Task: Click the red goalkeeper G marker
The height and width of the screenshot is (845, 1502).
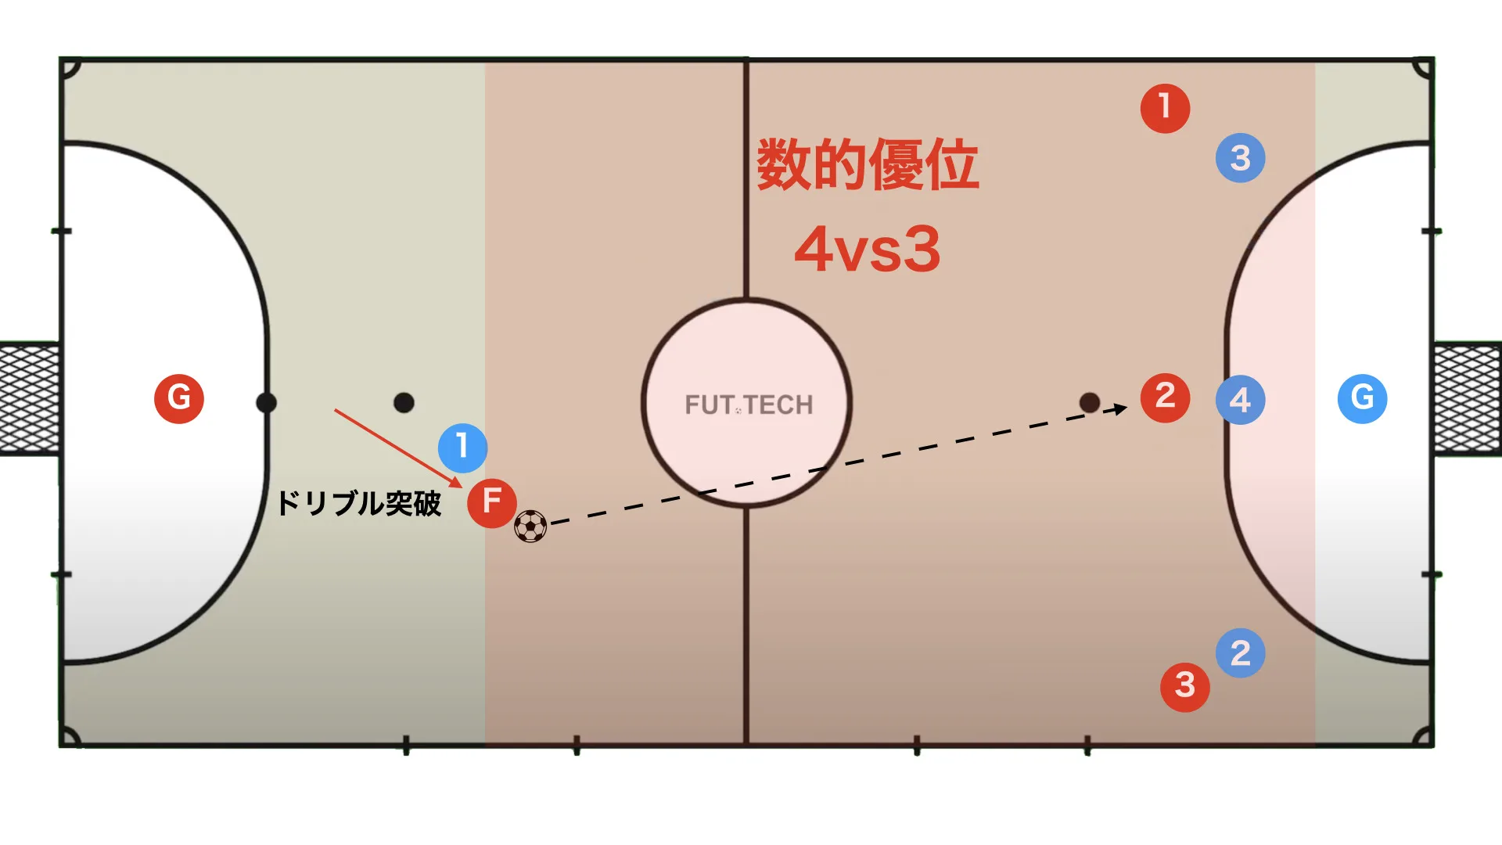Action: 179,398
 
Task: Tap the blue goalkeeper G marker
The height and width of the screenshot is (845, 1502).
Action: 1362,398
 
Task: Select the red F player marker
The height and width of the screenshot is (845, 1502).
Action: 492,502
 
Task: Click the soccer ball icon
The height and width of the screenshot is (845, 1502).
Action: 530,527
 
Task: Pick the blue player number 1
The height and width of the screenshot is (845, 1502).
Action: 462,448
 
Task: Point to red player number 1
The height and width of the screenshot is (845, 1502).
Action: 1165,108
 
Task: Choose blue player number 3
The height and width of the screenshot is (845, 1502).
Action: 1240,158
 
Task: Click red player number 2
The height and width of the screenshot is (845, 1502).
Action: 1165,398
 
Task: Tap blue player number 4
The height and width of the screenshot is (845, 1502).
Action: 1240,400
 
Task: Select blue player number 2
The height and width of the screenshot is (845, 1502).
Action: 1240,653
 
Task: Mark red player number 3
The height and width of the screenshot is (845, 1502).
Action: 1184,687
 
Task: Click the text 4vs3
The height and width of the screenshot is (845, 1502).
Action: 867,250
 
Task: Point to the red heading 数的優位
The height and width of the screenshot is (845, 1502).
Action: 867,164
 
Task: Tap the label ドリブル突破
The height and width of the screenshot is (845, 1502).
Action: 359,503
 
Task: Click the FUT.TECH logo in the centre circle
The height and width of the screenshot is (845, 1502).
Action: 749,405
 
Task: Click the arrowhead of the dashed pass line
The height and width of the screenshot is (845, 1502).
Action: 1120,408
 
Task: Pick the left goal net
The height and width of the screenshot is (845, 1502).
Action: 30,398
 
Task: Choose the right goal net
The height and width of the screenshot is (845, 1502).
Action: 1468,398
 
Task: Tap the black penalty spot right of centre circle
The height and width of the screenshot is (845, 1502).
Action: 1089,402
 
